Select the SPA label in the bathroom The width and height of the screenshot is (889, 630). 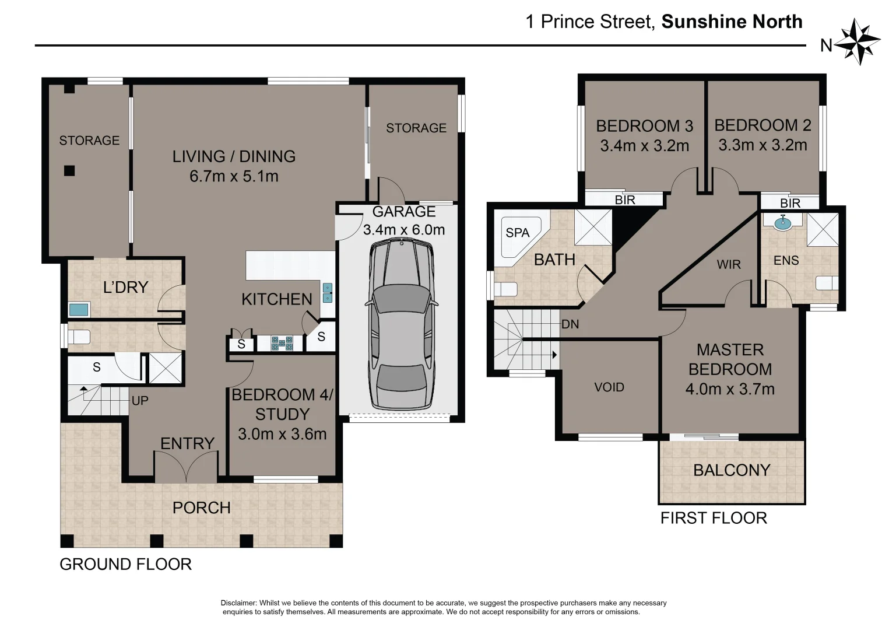coord(517,233)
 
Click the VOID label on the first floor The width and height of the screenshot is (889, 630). coord(609,387)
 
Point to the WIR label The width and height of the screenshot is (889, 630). coord(729,265)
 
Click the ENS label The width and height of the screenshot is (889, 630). coord(786,260)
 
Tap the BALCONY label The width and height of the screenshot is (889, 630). coord(732,470)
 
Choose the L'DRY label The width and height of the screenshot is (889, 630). coord(125,287)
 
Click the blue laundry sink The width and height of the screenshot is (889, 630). coord(79,309)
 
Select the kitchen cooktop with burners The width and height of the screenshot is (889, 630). coord(282,343)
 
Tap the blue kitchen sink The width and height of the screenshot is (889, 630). coord(328,293)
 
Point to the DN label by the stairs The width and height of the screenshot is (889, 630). coord(570,324)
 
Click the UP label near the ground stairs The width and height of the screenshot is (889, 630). coord(140,401)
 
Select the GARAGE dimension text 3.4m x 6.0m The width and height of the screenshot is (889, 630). coord(404,230)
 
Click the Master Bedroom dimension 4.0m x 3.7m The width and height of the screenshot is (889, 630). coord(730,389)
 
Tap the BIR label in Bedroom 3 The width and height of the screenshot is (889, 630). coord(625,200)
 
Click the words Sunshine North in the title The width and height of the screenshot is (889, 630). coord(732,22)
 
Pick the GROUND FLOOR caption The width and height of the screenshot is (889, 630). coord(125,565)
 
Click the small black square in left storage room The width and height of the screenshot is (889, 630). coord(69,171)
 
